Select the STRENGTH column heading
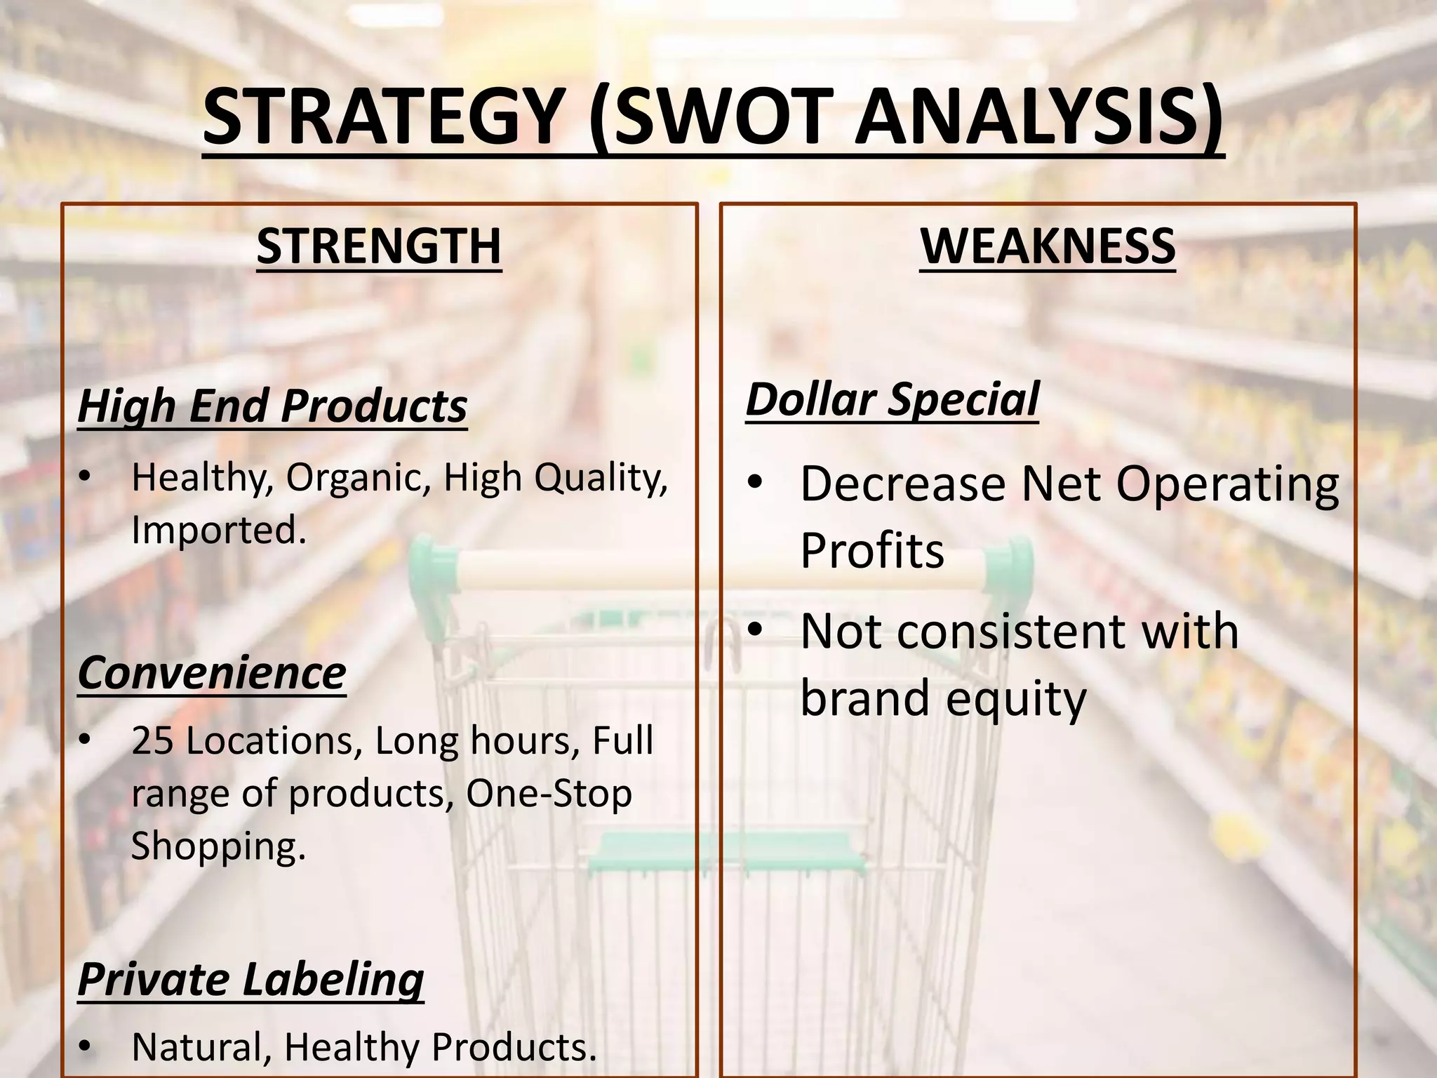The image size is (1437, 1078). [x=379, y=246]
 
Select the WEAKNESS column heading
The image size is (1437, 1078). [x=1048, y=246]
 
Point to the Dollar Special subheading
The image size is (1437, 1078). [x=892, y=399]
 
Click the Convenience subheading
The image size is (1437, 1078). [x=212, y=672]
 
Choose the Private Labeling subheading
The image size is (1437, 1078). [x=250, y=978]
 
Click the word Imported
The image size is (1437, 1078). [x=219, y=530]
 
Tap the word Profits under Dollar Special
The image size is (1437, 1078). [x=872, y=551]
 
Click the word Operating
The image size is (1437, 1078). [x=1228, y=484]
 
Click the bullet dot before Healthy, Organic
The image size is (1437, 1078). [x=85, y=478]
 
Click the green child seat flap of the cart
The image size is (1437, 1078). [x=726, y=852]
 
